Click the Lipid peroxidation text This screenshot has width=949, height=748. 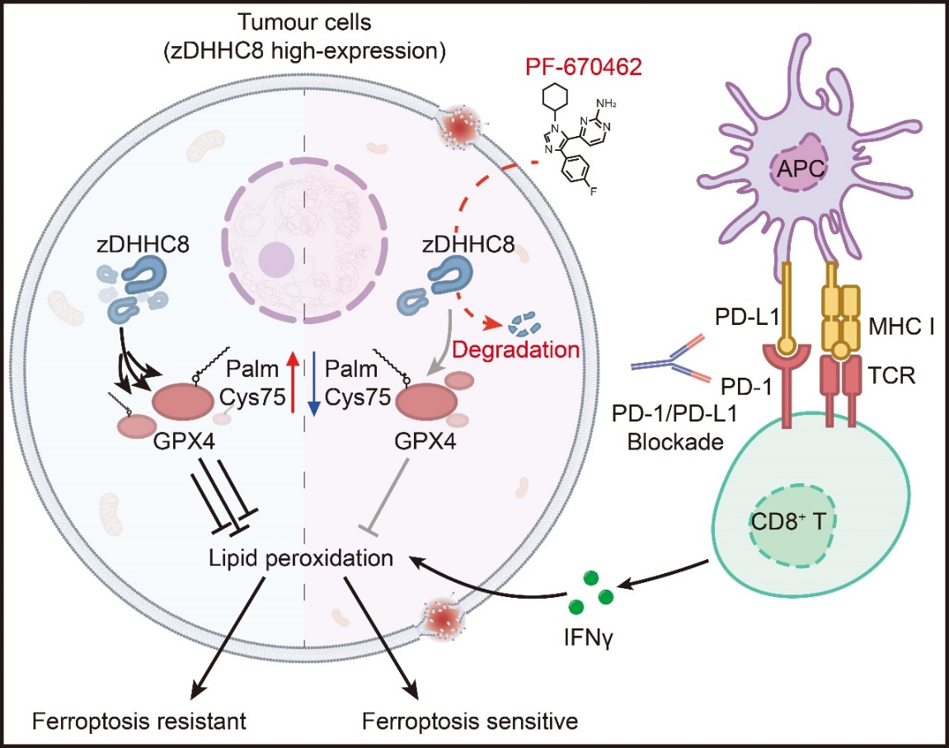coord(300,558)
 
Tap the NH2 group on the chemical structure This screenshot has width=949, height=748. coord(599,104)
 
